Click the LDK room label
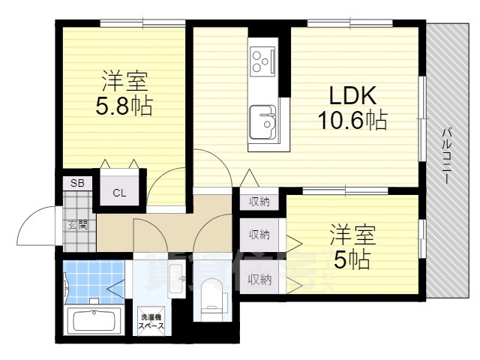[349, 96]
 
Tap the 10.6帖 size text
[349, 120]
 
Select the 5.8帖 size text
[124, 106]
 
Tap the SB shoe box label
[77, 183]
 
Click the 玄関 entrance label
[77, 223]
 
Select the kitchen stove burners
[263, 60]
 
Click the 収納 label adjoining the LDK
[259, 201]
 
